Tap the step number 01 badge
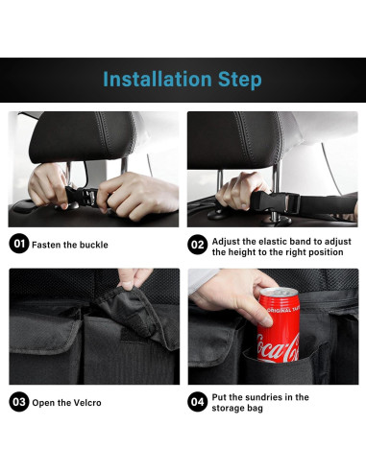pyautogui.click(x=18, y=244)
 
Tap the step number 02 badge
pyautogui.click(x=197, y=245)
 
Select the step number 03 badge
pyautogui.click(x=18, y=401)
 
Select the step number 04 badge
pyautogui.click(x=197, y=401)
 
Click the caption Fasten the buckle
pyautogui.click(x=70, y=245)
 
